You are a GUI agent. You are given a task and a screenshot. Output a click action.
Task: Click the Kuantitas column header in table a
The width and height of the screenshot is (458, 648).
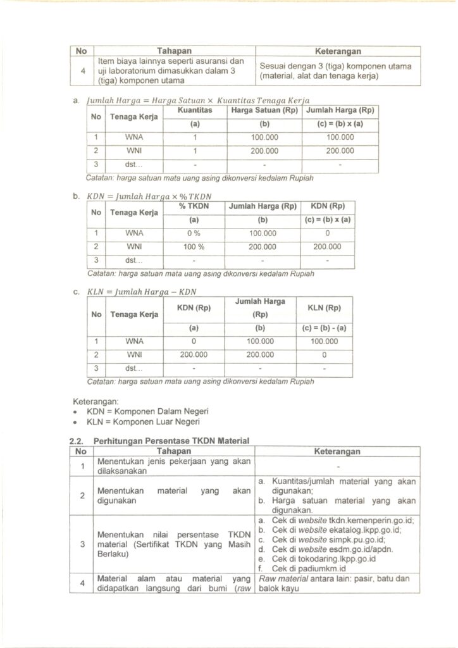(195, 109)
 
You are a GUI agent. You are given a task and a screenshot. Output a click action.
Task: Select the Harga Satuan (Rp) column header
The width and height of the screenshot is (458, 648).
(264, 109)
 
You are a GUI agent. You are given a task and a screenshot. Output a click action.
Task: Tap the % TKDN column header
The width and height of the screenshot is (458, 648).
(194, 206)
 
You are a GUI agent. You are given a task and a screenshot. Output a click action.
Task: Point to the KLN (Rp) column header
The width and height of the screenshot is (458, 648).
(324, 308)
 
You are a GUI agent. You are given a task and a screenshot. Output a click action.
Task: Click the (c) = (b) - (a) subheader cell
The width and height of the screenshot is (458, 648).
(324, 328)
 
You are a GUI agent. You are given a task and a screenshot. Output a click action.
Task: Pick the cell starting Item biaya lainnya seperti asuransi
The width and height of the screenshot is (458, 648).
(170, 71)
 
